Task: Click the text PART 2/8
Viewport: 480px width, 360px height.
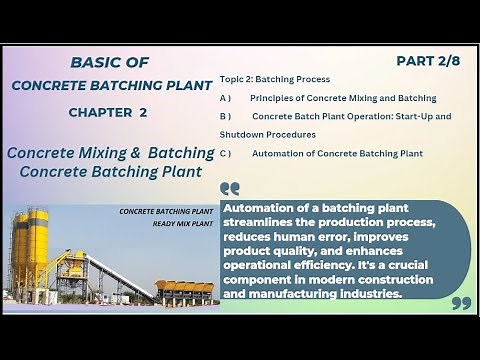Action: pos(427,61)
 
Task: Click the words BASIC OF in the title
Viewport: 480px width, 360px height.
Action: pos(111,62)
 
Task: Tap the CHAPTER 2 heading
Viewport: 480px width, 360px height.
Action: pos(108,112)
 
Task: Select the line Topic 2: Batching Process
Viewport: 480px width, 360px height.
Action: pos(275,79)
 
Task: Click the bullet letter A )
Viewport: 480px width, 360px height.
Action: pos(225,98)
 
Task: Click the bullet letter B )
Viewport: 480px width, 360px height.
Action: pos(225,117)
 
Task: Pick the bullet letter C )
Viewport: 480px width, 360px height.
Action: pos(225,153)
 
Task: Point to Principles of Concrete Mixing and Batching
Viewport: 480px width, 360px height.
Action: pos(343,98)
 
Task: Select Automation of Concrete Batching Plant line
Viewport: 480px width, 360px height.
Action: pos(337,153)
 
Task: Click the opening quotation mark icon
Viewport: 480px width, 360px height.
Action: pos(230,188)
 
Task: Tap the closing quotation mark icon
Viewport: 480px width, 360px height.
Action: pos(460,302)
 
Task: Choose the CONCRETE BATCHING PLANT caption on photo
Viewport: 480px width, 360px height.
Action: pos(166,212)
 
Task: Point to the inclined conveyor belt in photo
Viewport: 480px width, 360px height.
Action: pos(118,275)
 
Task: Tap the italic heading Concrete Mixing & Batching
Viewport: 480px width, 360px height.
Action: pos(110,153)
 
